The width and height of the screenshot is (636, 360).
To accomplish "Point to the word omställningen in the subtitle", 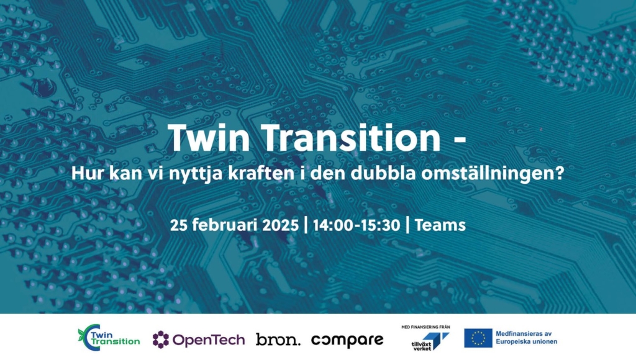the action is (x=493, y=174).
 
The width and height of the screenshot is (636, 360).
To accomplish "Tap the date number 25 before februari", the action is (x=178, y=225).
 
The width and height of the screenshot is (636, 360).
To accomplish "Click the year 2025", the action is (x=280, y=225).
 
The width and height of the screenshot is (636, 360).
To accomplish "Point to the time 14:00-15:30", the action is (x=356, y=225).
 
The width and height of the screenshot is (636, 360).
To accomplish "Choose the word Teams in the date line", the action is (x=440, y=225).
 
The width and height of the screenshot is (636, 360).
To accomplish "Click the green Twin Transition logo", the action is (x=109, y=337).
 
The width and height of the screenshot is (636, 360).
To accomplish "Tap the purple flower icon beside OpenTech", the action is (x=161, y=340).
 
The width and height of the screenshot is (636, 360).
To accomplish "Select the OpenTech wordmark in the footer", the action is (x=209, y=340).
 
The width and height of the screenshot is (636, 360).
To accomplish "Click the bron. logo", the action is (x=278, y=340).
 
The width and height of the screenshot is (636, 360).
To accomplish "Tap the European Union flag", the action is (x=478, y=338).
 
